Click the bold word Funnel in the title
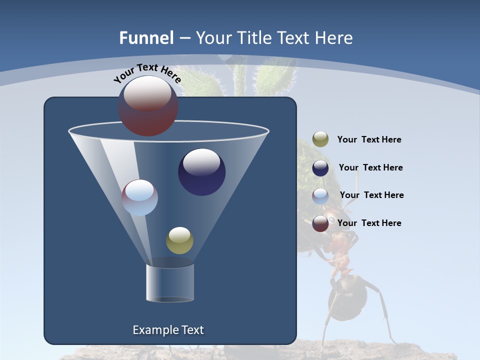point(146,38)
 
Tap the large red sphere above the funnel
point(147,106)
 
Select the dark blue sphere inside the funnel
point(201,172)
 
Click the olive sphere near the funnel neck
point(179,240)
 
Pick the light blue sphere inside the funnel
point(140,197)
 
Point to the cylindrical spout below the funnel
point(169,283)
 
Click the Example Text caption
point(168,330)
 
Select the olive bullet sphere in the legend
point(320,139)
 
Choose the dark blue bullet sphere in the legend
point(320,168)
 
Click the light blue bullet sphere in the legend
point(320,196)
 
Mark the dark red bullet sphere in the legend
point(320,223)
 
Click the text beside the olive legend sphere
point(369,140)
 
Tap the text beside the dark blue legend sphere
point(370,168)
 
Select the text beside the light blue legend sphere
point(371,195)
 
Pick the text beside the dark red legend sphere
point(369,223)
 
